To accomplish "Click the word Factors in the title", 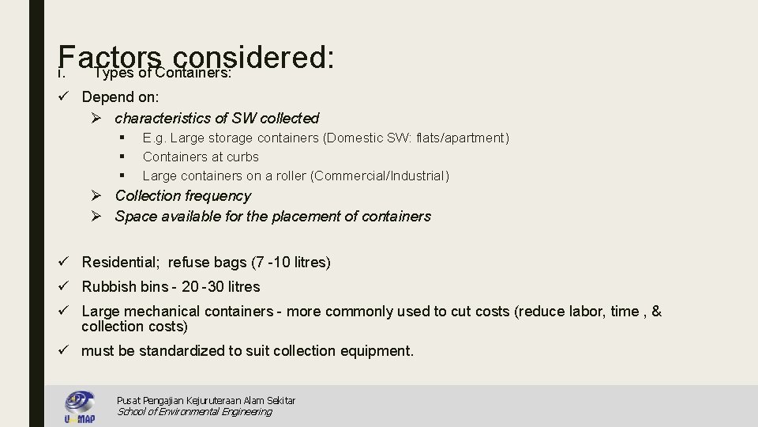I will coord(109,57).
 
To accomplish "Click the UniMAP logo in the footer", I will coord(79,406).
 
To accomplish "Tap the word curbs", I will coord(242,157).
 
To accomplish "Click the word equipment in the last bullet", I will coord(376,351).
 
